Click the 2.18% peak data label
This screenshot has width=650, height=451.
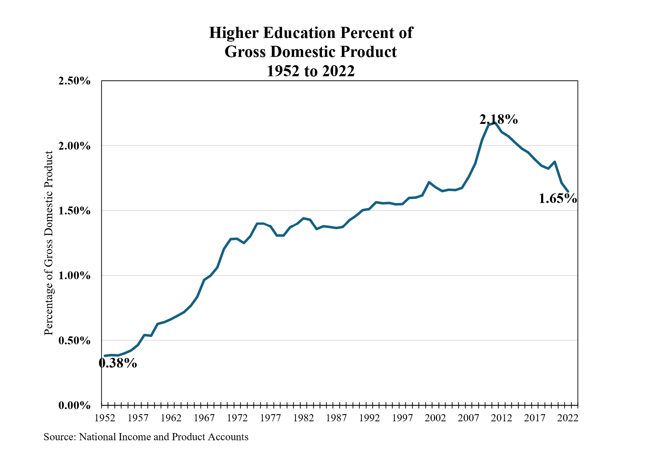tap(499, 119)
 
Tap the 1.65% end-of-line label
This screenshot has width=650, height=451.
tap(558, 198)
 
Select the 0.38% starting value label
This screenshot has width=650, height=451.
tap(118, 363)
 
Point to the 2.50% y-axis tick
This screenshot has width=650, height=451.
tap(74, 81)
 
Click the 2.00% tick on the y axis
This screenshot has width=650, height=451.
tap(74, 146)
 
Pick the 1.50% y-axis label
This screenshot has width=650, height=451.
tap(74, 211)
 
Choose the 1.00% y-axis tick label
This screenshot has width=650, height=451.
tap(74, 276)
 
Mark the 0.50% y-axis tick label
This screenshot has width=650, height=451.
tap(74, 340)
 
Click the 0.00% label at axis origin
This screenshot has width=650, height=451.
tap(74, 406)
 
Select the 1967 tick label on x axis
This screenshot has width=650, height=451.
tap(204, 418)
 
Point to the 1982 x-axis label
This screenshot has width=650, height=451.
tap(303, 418)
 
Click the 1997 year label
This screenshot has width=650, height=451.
tap(403, 418)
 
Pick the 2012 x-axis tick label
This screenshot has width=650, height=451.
tap(502, 418)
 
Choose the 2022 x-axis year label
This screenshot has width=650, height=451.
tap(568, 418)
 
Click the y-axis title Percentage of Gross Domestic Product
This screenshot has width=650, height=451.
tap(49, 243)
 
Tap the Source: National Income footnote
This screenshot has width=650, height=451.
tap(146, 437)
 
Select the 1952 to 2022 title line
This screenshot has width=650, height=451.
tap(310, 71)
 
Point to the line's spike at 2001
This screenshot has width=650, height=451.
tap(429, 182)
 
